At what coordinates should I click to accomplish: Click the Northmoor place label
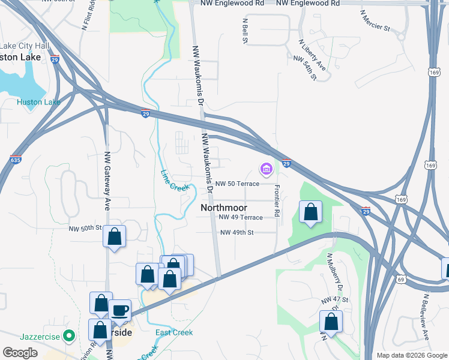(223, 207)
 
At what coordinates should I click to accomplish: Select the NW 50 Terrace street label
(237, 184)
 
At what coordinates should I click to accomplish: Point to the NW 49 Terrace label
(241, 217)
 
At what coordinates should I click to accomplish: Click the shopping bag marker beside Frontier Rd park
(310, 212)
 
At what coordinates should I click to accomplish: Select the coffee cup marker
(120, 310)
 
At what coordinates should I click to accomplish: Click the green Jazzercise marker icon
(70, 337)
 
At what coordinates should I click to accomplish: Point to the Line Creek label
(175, 180)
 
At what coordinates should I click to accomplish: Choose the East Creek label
(173, 332)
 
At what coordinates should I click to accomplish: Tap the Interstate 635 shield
(16, 160)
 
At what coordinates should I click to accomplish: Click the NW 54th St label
(305, 68)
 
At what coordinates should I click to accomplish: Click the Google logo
(20, 352)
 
